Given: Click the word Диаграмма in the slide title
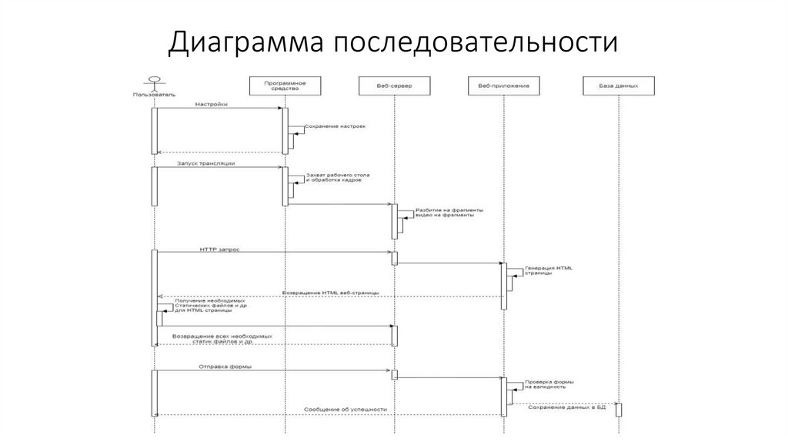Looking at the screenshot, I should [x=245, y=42].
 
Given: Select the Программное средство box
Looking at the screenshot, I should [x=285, y=85].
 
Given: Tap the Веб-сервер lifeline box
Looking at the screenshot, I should [x=394, y=85].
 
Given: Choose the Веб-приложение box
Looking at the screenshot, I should [x=503, y=85].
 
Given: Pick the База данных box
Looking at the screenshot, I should [x=619, y=85].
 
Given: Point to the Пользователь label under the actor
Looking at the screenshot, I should [x=154, y=95].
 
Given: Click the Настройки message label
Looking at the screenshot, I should [x=211, y=104].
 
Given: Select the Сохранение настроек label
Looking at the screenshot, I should [x=335, y=126].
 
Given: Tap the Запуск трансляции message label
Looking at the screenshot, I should [x=205, y=163].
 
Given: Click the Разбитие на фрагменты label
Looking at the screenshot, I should [x=449, y=212].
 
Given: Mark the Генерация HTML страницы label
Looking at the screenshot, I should [x=548, y=271].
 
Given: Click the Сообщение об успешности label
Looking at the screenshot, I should [x=345, y=410].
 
